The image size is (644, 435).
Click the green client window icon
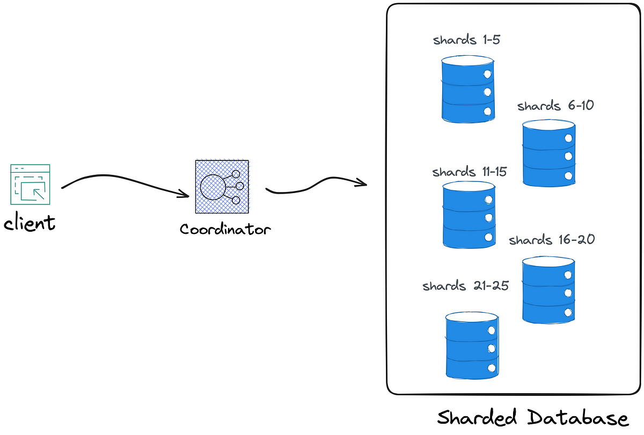tap(30, 185)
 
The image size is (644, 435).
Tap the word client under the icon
tap(30, 222)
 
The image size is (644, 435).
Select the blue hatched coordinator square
tap(222, 187)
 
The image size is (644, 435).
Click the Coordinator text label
tap(225, 229)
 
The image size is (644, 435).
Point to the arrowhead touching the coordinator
tap(184, 194)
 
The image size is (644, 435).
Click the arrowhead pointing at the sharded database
tap(361, 182)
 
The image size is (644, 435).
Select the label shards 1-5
tap(466, 40)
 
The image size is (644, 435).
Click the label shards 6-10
tap(555, 106)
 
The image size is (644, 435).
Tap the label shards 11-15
tap(470, 172)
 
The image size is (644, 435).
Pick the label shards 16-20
tap(552, 240)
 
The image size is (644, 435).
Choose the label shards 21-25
tap(465, 285)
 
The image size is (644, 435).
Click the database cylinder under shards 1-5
tap(468, 90)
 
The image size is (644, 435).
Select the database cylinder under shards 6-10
tap(549, 153)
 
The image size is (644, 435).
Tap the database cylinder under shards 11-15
tap(469, 215)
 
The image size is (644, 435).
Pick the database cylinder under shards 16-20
tap(548, 290)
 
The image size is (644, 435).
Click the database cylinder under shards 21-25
tap(472, 345)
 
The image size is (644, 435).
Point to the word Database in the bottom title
tap(578, 418)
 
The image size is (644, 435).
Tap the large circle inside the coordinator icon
tap(213, 187)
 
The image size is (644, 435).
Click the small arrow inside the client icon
tap(39, 194)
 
